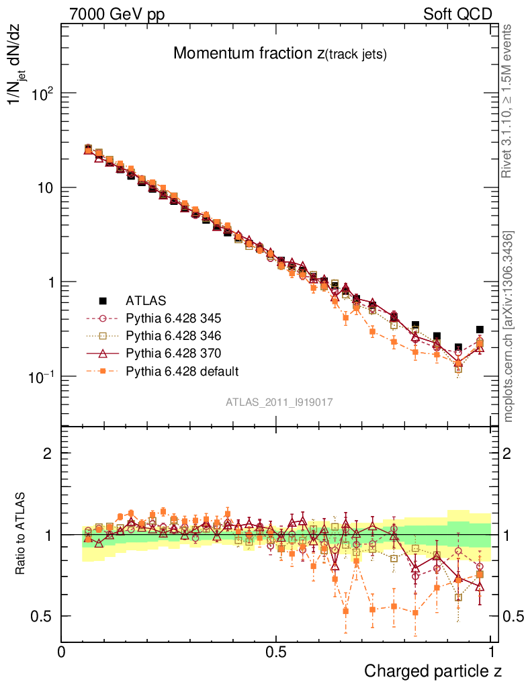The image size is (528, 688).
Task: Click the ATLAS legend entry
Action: click(146, 300)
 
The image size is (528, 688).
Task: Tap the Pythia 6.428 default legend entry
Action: click(182, 370)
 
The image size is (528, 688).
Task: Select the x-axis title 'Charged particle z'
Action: click(433, 671)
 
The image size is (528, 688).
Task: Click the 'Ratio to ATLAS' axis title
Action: click(21, 534)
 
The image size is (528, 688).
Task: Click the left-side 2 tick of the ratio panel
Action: click(48, 454)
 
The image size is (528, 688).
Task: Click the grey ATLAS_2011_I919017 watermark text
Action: click(279, 402)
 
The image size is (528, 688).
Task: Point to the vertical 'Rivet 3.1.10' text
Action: click(508, 101)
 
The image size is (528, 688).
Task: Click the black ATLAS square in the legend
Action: click(103, 300)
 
